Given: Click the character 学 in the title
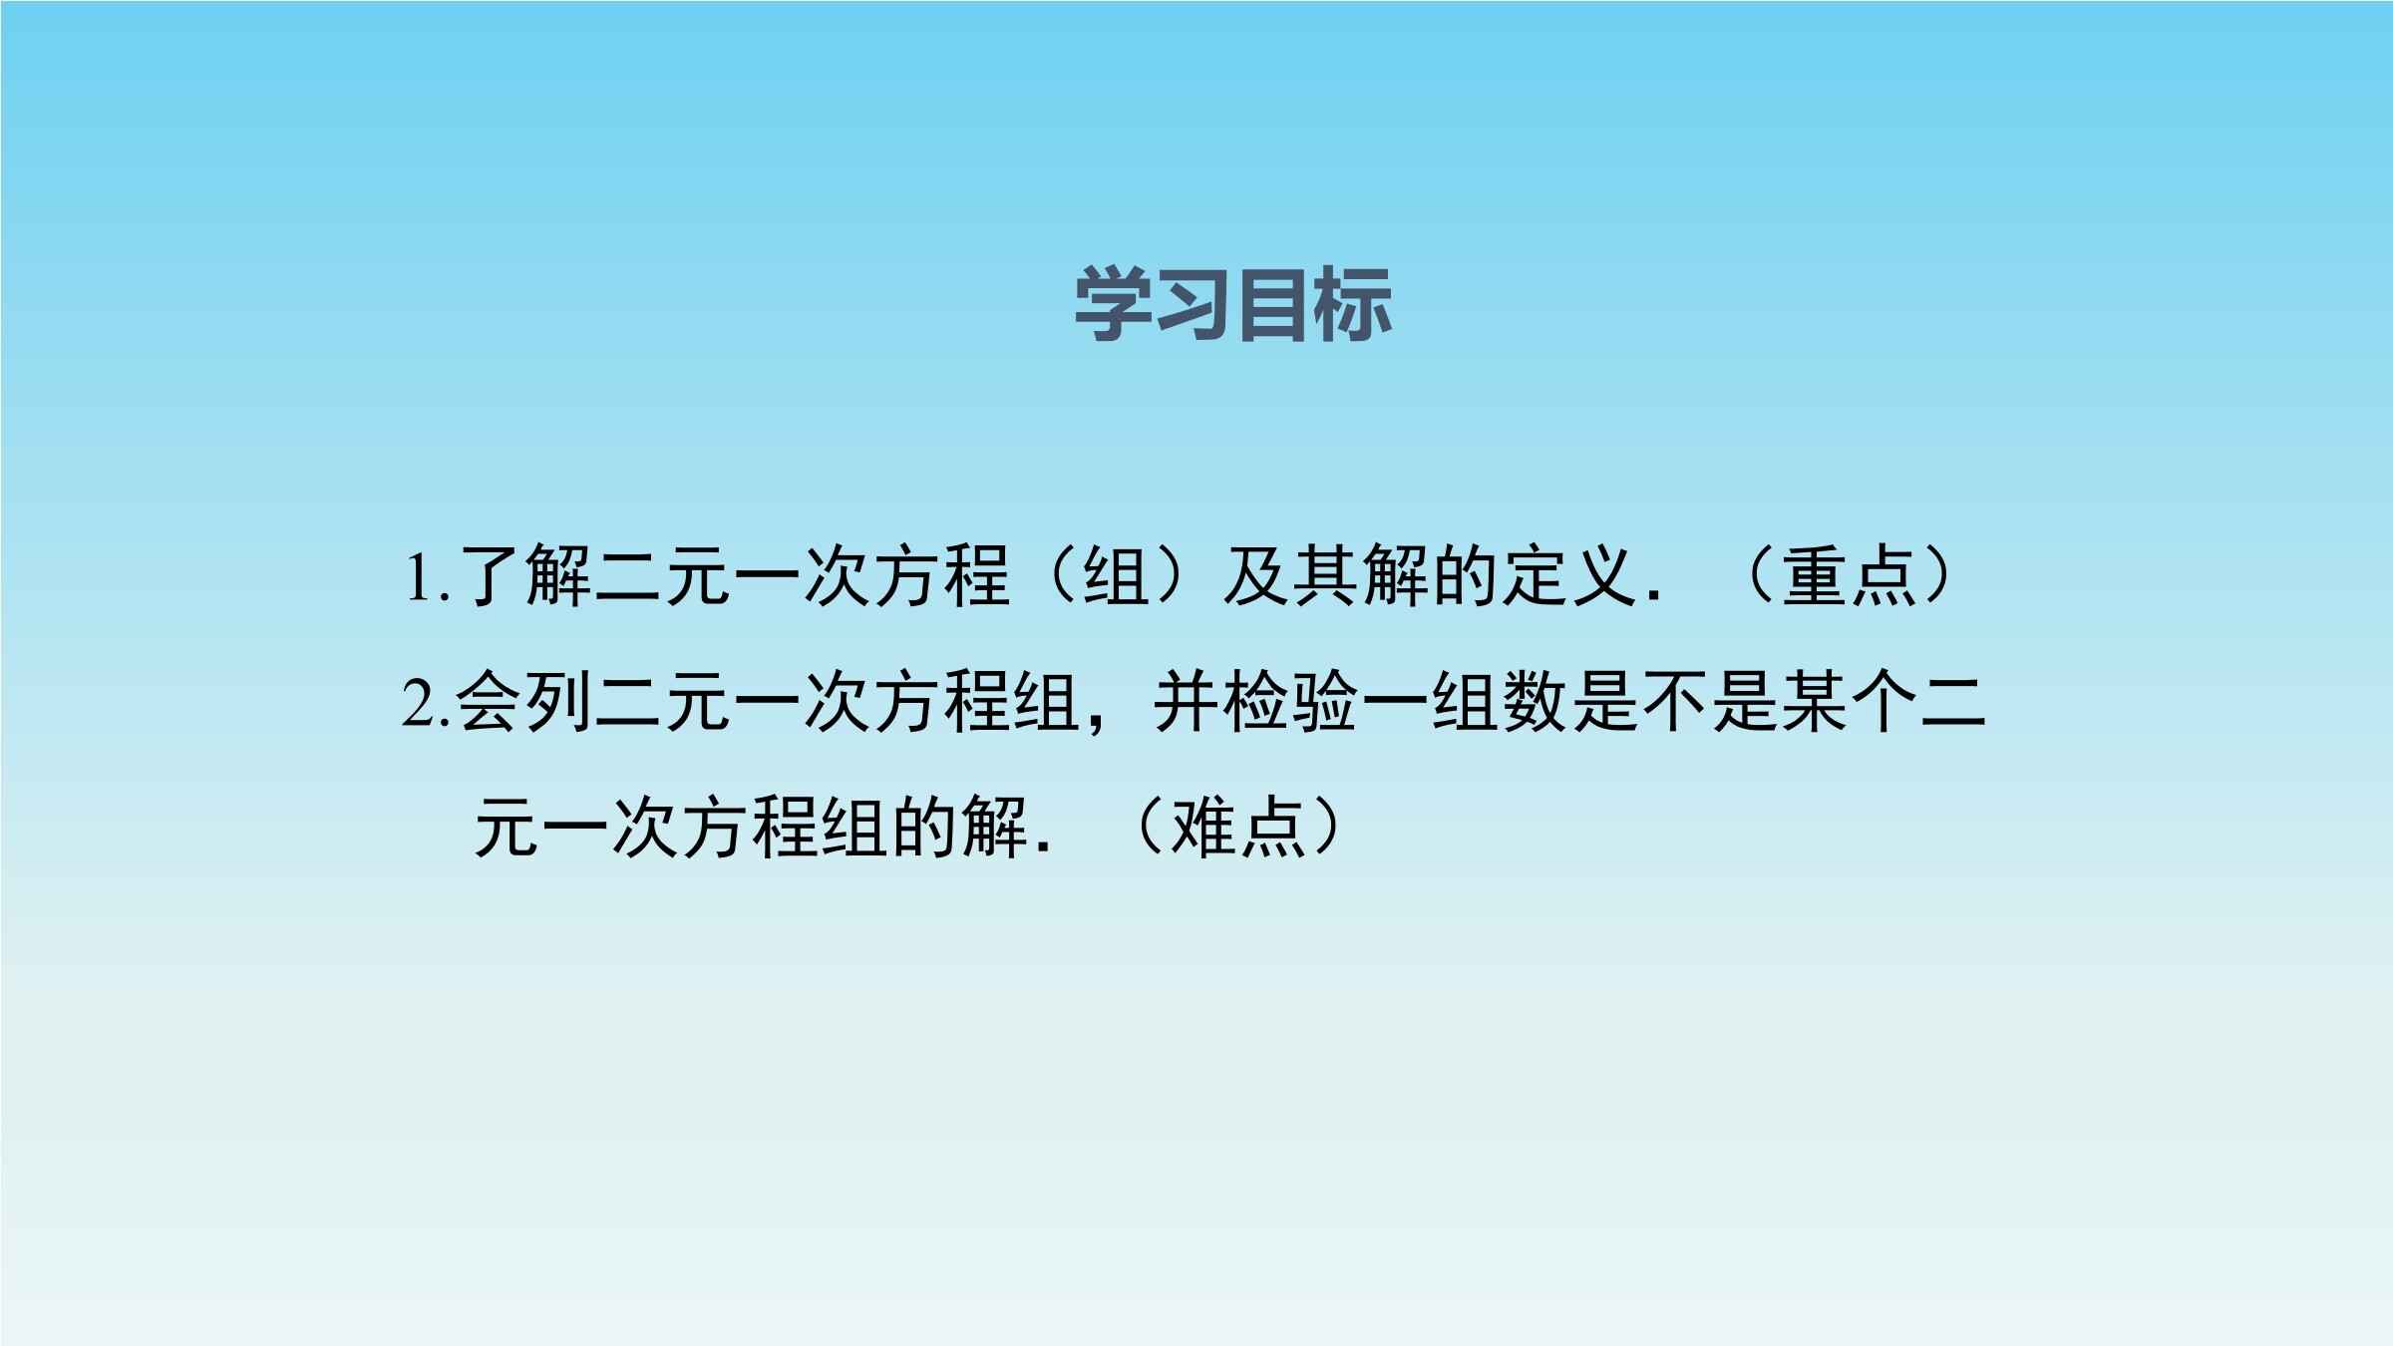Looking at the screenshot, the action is click(x=1113, y=304).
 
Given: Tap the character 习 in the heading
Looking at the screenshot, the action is click(x=1193, y=304).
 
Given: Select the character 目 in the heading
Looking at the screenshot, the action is click(x=1272, y=304).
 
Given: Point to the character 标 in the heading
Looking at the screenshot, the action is click(x=1352, y=304).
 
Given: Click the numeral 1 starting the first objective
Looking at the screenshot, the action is click(x=419, y=578).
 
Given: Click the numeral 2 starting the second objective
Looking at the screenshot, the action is click(x=419, y=703).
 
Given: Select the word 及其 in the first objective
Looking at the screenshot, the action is click(x=1291, y=576).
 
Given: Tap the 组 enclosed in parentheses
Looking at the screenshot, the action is click(x=1117, y=576).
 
